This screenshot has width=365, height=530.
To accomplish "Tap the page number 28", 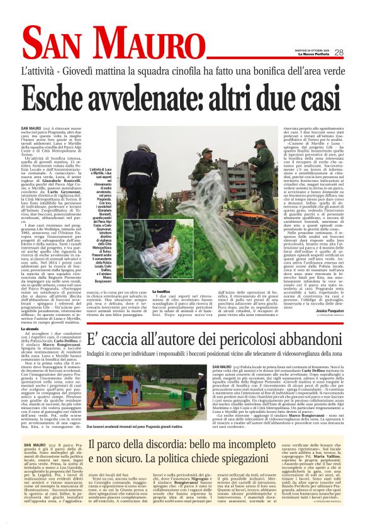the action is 356,53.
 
